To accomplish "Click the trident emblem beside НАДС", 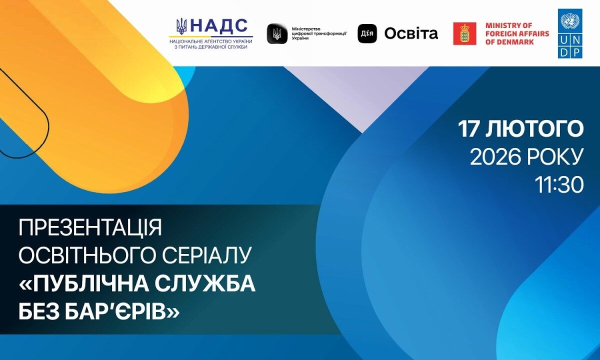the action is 181,26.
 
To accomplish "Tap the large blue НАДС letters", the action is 219,26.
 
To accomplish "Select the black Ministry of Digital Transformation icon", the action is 276,34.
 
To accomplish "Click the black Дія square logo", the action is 367,33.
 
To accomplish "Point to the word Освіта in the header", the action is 411,34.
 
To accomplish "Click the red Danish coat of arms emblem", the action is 464,34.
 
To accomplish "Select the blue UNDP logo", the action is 570,33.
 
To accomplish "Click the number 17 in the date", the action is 468,129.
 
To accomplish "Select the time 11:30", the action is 559,185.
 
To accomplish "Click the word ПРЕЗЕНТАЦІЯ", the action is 90,227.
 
